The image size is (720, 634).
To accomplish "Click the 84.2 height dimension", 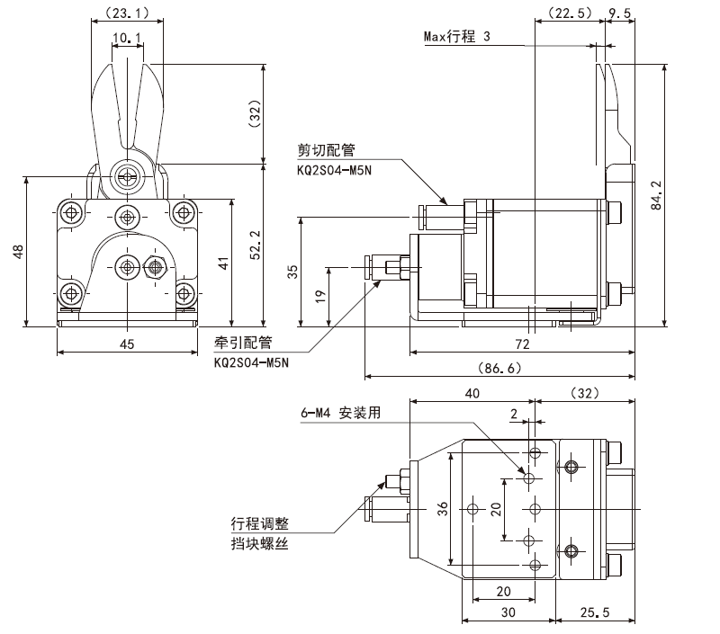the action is [657, 195].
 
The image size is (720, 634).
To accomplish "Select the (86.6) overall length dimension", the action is [499, 368].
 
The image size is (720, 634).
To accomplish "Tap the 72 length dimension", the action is [522, 344].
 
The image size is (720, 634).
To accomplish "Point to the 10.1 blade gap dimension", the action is [127, 37].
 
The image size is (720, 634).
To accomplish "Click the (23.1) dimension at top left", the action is [127, 13].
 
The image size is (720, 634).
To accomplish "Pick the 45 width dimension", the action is [127, 344].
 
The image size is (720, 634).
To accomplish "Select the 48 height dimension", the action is [18, 252].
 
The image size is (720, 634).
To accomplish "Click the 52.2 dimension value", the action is [256, 245].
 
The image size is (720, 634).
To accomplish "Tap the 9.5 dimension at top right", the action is [620, 13].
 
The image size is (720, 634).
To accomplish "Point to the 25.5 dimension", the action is [594, 612].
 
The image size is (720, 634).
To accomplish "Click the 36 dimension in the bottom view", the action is [442, 508].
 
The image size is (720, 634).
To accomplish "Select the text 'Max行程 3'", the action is [457, 36].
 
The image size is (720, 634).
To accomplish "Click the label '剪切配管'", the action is [326, 150].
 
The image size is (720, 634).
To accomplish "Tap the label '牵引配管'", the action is [243, 343].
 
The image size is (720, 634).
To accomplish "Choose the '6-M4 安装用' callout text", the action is [341, 413].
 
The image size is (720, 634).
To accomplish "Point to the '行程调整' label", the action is [260, 523].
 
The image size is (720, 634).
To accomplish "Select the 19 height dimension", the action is [320, 295].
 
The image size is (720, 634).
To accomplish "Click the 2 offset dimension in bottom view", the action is [514, 415].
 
